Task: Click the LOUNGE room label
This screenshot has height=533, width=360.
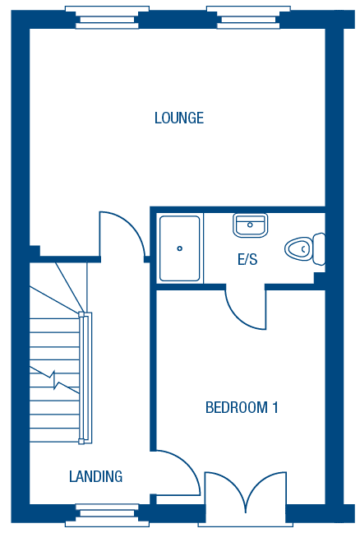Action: pos(179,118)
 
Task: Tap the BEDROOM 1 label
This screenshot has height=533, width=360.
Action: pos(242,407)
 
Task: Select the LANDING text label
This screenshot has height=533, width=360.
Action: pos(96,476)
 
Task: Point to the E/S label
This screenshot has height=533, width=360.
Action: pos(247,259)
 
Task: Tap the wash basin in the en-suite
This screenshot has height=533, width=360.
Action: pos(251,225)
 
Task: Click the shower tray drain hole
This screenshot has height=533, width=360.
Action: pos(180,248)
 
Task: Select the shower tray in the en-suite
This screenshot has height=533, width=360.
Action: pos(180,248)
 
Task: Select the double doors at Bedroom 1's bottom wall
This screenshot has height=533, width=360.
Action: pos(246,489)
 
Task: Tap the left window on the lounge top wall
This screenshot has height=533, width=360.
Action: pos(107,17)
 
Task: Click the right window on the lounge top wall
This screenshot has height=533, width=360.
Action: pos(248,17)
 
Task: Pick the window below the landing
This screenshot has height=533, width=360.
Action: pos(107,516)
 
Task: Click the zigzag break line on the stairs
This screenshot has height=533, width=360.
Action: pos(54,380)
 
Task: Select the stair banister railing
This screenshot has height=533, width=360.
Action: pos(85,378)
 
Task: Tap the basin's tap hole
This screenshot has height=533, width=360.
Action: pos(250,225)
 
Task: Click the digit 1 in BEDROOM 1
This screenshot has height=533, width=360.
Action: pos(275,407)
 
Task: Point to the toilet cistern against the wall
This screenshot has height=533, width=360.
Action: pos(319,249)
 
